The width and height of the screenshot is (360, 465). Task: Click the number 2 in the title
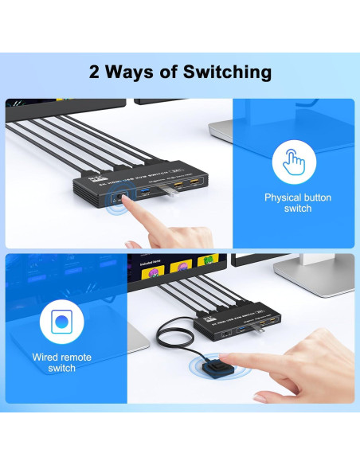point(94,72)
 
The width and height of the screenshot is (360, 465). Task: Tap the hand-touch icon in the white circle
point(294,162)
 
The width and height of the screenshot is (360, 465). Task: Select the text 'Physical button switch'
point(297,202)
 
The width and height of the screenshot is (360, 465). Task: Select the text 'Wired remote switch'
point(62,362)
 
